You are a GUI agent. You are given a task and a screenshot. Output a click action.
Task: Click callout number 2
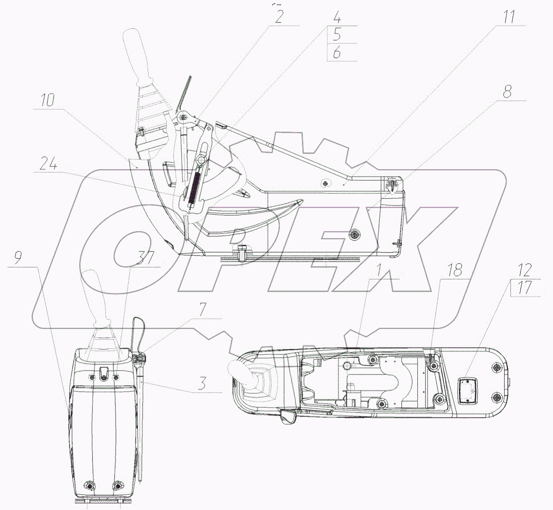tap(278, 16)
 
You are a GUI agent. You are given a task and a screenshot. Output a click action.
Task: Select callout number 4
tap(337, 18)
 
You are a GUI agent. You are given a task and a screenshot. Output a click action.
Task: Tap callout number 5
tap(337, 35)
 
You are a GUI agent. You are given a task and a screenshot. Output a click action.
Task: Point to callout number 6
tap(337, 53)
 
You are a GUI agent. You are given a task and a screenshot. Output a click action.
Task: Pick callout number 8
tap(507, 92)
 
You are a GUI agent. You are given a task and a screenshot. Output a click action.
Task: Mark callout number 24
tap(48, 164)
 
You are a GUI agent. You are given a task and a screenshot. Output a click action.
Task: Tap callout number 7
tap(202, 309)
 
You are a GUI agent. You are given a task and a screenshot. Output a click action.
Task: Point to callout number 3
tap(202, 383)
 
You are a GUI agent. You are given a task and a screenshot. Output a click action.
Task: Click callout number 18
tap(455, 270)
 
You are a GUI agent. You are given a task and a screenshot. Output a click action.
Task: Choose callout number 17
tap(524, 288)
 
